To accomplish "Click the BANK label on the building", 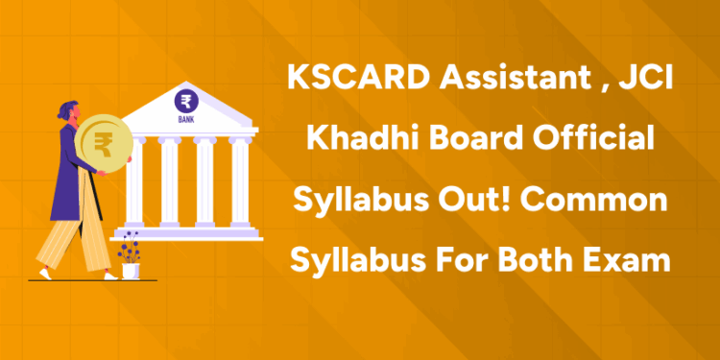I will coord(186,120).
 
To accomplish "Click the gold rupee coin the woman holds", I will coord(100,146).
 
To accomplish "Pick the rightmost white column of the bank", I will coord(240,186).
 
